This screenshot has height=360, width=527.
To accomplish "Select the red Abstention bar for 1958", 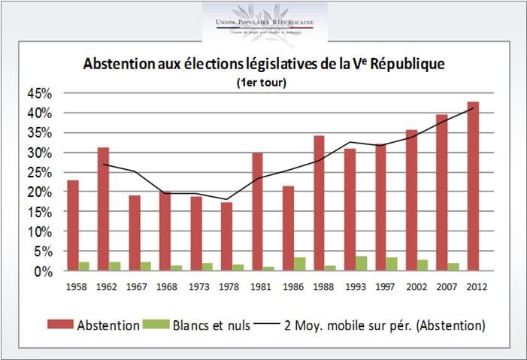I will click(73, 225).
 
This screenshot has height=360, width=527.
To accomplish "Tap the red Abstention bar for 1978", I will click(227, 236).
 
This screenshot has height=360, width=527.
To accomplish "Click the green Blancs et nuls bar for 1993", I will click(362, 263).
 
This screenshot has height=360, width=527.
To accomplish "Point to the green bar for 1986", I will click(300, 264).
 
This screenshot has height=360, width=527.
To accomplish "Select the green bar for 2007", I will click(453, 267).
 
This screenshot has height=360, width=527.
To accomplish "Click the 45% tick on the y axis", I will click(39, 93).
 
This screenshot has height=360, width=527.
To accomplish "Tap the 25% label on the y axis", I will click(39, 172).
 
